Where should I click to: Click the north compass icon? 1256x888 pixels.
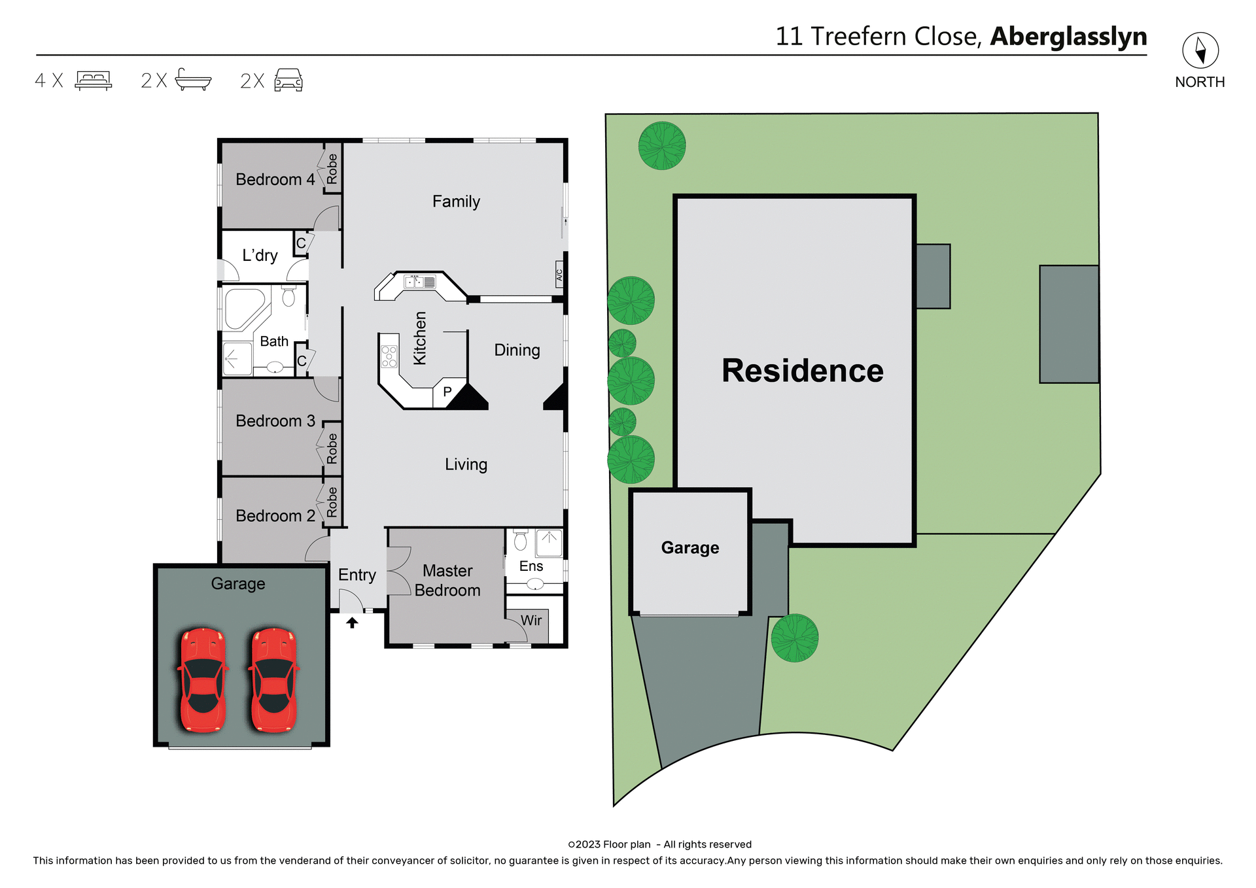tap(1200, 50)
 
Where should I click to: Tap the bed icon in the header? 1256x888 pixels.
tap(94, 80)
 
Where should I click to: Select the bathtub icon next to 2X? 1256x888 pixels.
tap(193, 80)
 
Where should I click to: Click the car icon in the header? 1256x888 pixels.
tap(288, 80)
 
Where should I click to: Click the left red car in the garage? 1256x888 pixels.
tap(203, 680)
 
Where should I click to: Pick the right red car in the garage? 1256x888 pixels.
tap(273, 680)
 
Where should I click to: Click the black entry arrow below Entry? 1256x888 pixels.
tap(352, 623)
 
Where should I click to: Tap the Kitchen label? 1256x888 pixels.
tap(420, 338)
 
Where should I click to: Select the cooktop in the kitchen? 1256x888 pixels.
tap(389, 356)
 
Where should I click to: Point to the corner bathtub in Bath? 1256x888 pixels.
tap(243, 309)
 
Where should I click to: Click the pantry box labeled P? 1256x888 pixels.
tap(447, 392)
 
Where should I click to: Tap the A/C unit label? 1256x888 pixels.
tap(559, 275)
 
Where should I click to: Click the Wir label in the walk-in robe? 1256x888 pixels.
tap(531, 620)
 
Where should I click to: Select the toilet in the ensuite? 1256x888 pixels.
tap(521, 541)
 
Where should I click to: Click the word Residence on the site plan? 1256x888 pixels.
tap(802, 371)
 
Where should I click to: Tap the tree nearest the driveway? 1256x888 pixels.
tap(794, 638)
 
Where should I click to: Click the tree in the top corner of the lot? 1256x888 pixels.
tap(662, 146)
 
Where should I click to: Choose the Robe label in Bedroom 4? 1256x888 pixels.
tap(332, 169)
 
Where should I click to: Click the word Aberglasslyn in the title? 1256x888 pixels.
tap(1068, 37)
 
